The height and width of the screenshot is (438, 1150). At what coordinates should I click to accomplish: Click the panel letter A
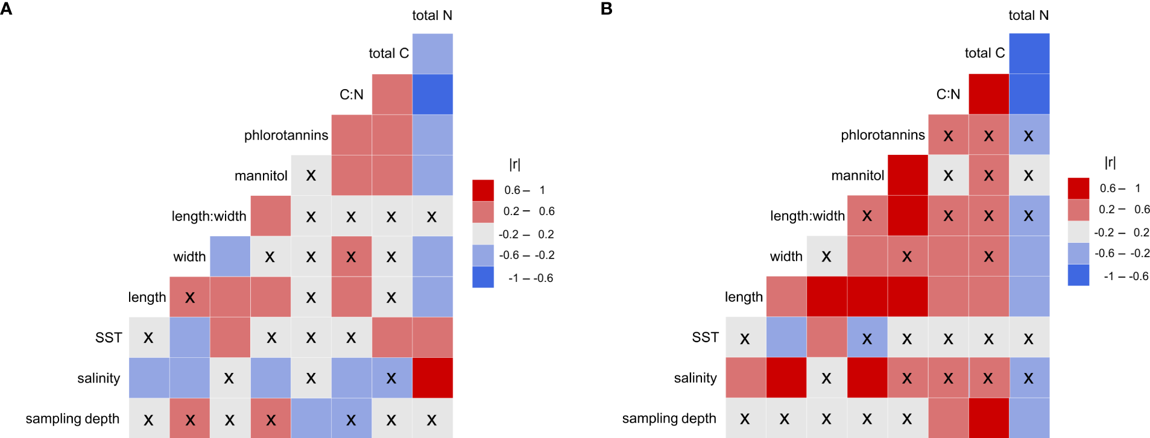(x=6, y=8)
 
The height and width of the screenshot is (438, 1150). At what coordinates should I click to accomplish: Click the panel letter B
(x=607, y=8)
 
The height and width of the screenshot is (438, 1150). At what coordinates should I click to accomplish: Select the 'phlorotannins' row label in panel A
(x=286, y=136)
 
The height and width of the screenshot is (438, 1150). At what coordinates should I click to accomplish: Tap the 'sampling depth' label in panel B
(x=669, y=419)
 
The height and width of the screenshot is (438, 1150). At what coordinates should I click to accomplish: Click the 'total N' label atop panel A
(x=432, y=16)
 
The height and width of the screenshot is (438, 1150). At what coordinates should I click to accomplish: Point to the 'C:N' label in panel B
(x=947, y=95)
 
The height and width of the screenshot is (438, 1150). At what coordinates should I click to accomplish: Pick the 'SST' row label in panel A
(x=109, y=338)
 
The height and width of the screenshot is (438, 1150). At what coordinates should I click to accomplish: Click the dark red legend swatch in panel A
(x=483, y=190)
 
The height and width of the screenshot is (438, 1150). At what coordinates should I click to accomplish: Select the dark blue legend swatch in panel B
(x=1078, y=275)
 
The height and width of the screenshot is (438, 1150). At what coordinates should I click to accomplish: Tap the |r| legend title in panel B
(x=1110, y=162)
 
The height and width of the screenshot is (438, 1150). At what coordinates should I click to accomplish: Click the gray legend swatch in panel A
(x=483, y=234)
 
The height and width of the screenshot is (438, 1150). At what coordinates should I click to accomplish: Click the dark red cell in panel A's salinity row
(x=432, y=378)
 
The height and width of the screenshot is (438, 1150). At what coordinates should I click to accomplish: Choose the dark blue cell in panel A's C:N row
(x=432, y=95)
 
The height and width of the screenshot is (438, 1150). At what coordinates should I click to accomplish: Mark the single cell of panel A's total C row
(x=432, y=54)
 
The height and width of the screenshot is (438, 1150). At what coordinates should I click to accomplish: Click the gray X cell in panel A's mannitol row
(x=311, y=175)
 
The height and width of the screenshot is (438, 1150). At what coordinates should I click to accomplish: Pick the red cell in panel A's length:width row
(x=270, y=216)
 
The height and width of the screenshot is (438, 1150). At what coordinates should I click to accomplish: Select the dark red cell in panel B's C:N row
(x=988, y=95)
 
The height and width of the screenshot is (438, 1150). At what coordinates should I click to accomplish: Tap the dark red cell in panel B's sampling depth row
(x=988, y=418)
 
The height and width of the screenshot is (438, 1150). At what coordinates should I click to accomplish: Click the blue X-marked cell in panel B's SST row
(x=867, y=338)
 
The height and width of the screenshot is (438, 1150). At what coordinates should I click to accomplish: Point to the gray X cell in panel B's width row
(x=826, y=257)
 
